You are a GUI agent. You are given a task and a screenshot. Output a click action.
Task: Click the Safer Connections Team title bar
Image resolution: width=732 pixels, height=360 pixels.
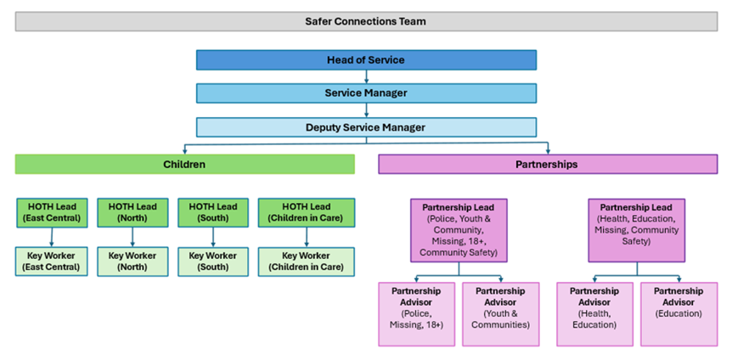click(x=365, y=21)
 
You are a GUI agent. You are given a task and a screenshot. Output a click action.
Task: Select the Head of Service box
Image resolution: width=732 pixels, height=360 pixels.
click(x=366, y=60)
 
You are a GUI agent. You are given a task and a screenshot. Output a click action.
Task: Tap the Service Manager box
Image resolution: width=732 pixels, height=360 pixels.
click(x=366, y=93)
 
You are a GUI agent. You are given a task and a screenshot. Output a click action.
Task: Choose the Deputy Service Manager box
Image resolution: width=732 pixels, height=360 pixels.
click(x=366, y=127)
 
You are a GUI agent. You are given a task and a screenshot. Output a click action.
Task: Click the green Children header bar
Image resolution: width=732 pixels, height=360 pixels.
click(x=184, y=164)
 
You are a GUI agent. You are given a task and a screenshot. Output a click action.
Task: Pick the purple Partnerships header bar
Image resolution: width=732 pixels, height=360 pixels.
click(x=548, y=164)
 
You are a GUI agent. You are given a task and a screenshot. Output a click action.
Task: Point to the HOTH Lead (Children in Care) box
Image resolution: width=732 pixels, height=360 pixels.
click(x=306, y=212)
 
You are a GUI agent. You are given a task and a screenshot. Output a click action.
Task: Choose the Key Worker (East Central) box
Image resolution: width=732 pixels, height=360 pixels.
click(x=52, y=262)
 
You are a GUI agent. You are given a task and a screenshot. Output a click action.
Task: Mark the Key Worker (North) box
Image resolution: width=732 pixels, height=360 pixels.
click(x=132, y=262)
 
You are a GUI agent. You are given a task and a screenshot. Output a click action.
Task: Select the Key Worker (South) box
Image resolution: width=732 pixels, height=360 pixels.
click(x=212, y=262)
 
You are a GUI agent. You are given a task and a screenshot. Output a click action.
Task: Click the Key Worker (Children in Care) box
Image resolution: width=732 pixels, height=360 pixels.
click(x=306, y=262)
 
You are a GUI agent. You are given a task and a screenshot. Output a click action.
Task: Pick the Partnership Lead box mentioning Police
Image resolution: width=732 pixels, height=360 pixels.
click(x=459, y=230)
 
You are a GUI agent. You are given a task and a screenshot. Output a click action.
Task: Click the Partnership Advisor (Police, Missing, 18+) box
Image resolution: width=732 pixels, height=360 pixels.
click(x=416, y=314)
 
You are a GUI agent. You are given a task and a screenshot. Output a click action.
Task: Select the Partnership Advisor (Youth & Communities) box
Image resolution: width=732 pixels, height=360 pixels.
click(x=500, y=314)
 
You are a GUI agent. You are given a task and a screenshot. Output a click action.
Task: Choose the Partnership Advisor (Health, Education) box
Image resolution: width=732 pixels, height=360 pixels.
click(x=594, y=314)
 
